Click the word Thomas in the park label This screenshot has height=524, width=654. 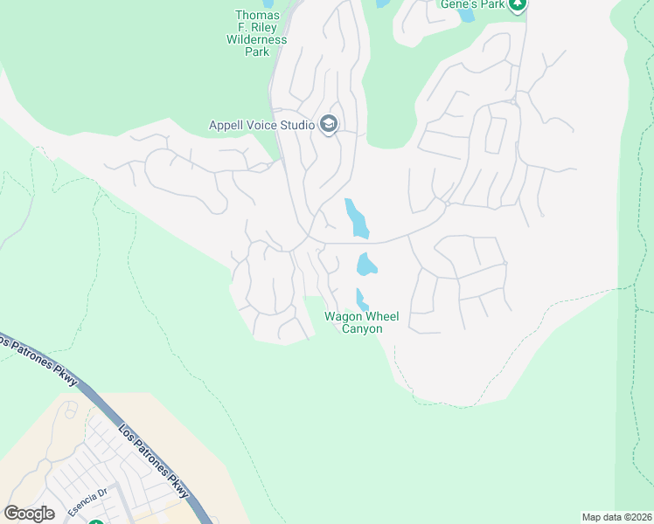coord(257,16)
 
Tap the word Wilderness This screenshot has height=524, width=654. coord(256,40)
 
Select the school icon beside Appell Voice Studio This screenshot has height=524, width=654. coord(329,124)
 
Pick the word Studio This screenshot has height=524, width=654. coord(297,125)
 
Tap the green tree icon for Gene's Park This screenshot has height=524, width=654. coord(518,5)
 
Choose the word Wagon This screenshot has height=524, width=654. coord(341,316)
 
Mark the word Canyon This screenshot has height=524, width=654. coord(360,329)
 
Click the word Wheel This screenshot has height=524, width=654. coord(378,316)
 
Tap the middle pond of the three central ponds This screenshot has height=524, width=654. coord(366,263)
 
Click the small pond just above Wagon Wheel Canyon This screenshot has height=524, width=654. coord(360,300)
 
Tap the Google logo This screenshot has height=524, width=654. coord(29,513)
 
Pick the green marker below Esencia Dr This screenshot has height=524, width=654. coord(95,522)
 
